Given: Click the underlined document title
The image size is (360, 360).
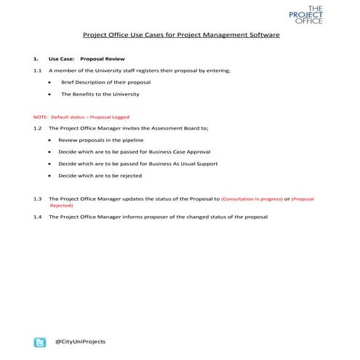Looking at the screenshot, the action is (x=180, y=34).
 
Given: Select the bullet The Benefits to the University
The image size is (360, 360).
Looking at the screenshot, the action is (x=100, y=94).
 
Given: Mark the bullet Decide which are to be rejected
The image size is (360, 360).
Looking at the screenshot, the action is (x=100, y=176).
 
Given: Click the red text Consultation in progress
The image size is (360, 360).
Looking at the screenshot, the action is (x=251, y=199).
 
